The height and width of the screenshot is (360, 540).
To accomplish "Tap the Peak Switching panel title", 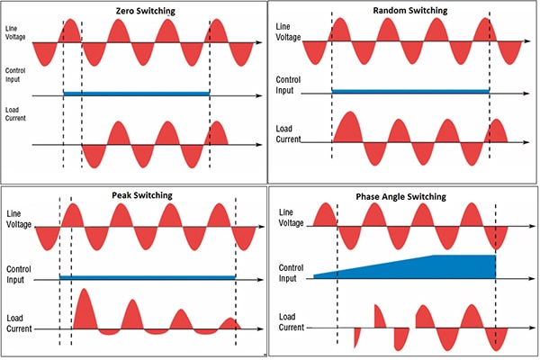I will tap(135, 195).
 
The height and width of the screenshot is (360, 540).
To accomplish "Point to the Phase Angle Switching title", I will tap(403, 194).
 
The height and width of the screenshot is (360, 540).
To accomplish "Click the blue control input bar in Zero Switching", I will tap(135, 93).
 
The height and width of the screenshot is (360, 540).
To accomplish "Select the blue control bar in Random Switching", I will tap(409, 91).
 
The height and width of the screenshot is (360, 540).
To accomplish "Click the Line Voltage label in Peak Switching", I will tap(19, 219).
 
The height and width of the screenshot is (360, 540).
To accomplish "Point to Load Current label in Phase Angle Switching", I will tap(292, 321).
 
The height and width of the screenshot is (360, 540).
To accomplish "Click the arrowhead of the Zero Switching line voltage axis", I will tap(260, 42).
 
